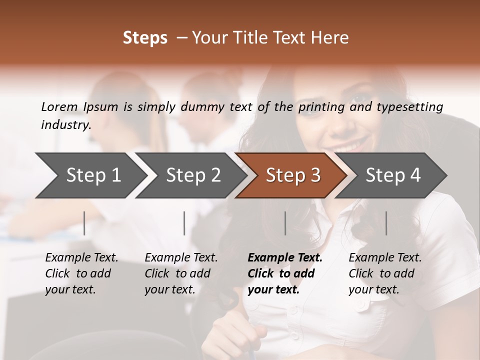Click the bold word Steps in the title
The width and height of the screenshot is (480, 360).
point(145,38)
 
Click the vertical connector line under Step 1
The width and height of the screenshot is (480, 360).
point(84,223)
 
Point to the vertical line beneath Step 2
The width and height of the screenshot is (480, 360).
point(184,223)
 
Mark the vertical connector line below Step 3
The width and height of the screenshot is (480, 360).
point(285,223)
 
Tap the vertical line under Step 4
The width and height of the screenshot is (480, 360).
point(386,223)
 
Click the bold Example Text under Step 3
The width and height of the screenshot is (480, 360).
point(285,258)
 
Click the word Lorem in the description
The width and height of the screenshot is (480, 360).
point(59,107)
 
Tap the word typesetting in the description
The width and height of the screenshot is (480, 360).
point(409,107)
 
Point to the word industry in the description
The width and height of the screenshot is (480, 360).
point(65,125)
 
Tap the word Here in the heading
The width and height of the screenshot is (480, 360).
point(330,38)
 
